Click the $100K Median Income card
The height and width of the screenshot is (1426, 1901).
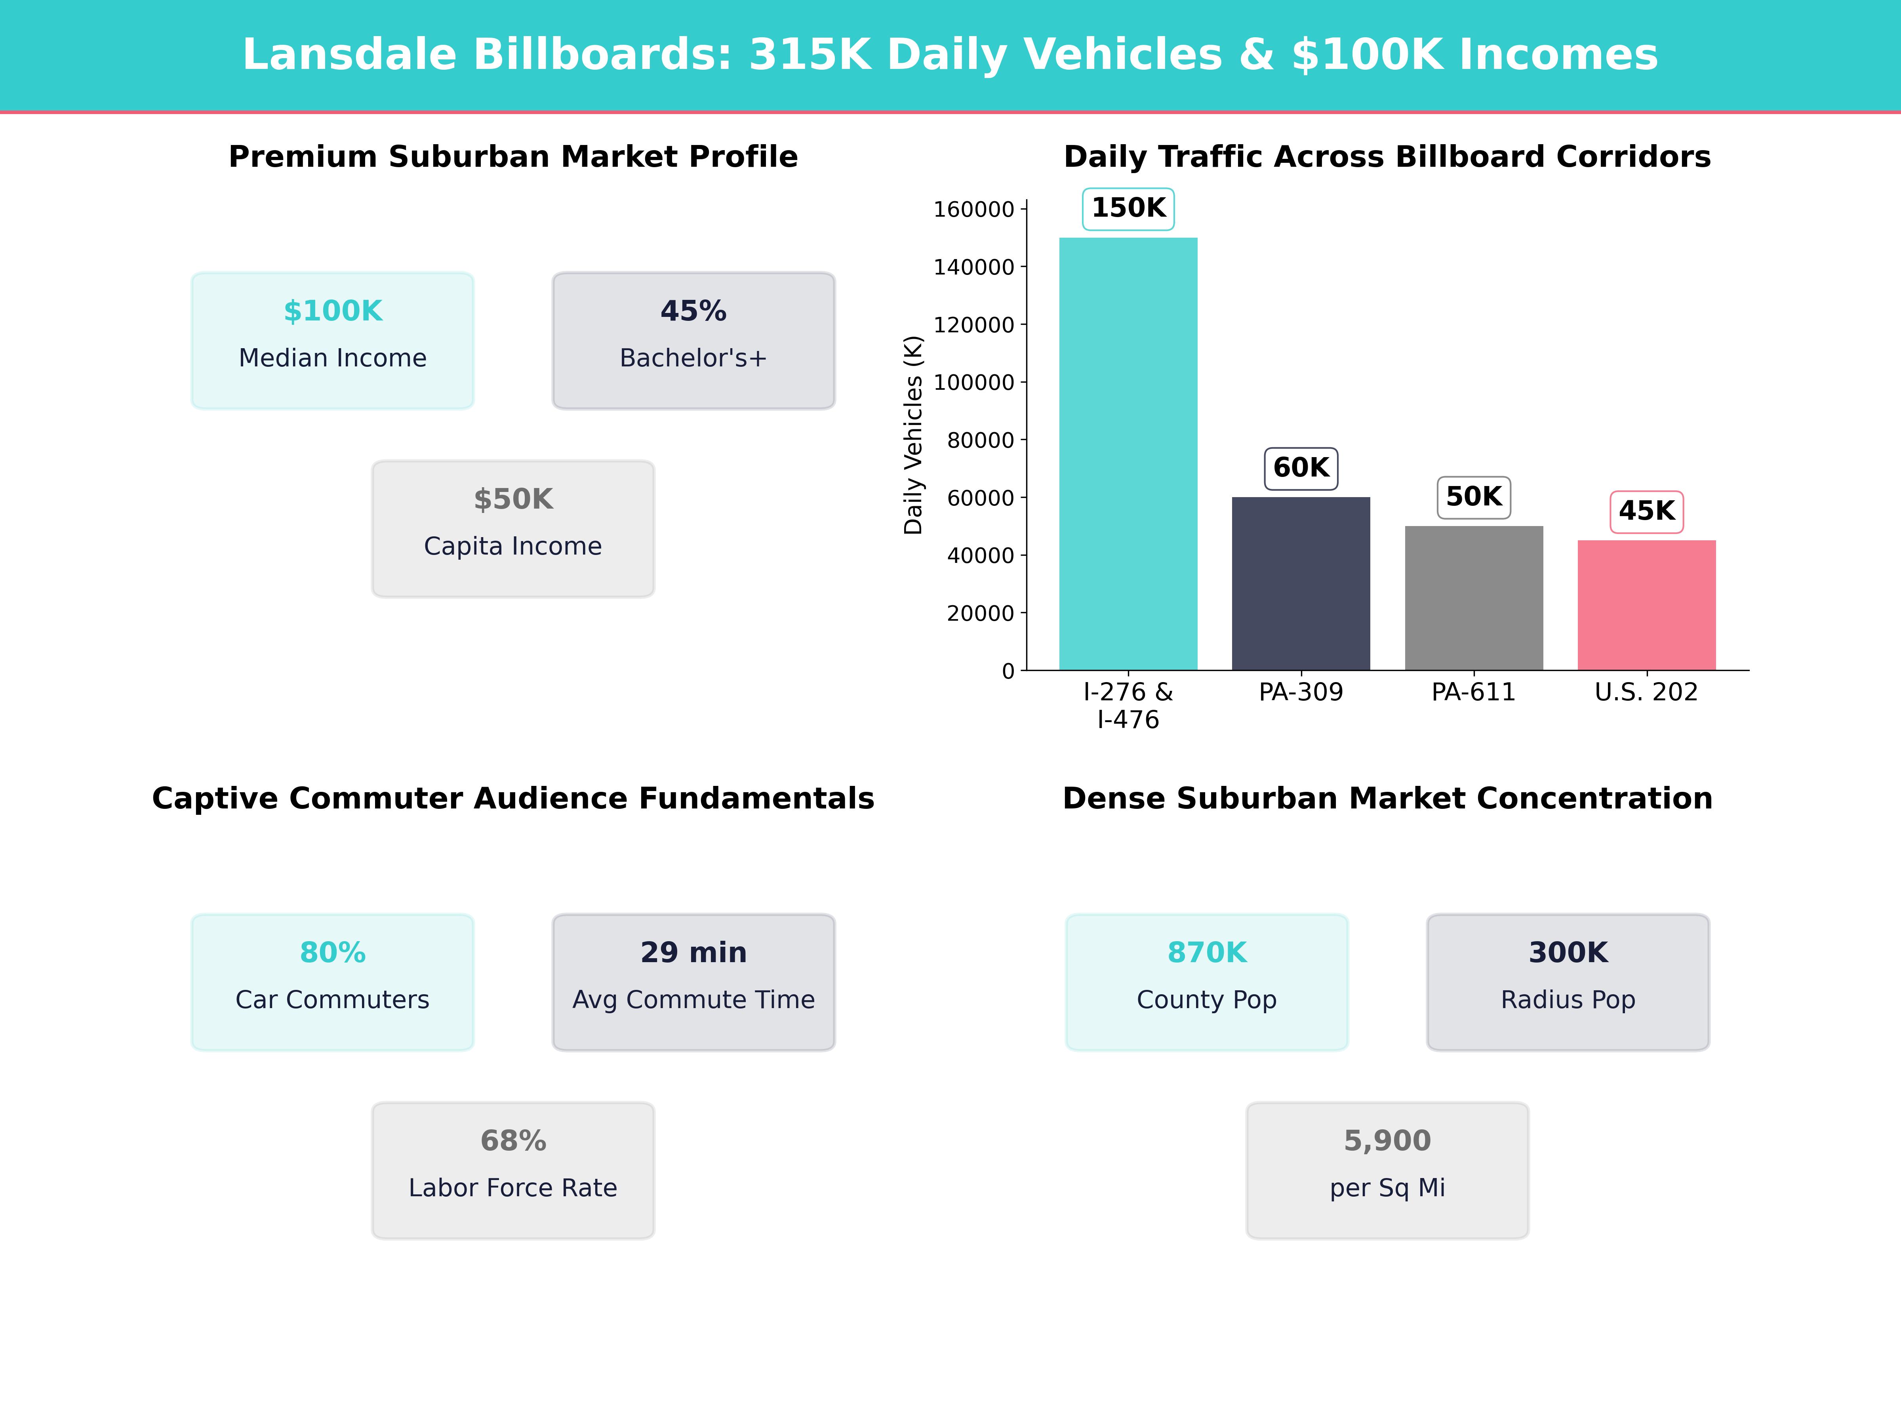pos(333,340)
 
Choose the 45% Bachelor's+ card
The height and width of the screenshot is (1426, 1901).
pos(693,340)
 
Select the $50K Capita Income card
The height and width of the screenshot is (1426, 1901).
pos(513,529)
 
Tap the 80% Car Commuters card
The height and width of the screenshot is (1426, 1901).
pos(333,982)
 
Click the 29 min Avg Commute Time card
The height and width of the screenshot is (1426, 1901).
pos(693,982)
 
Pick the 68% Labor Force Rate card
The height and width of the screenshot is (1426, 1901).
pos(513,1170)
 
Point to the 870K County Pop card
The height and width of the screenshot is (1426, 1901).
pos(1207,982)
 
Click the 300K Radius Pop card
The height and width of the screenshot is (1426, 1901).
pos(1568,982)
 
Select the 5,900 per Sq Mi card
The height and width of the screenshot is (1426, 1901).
pos(1387,1170)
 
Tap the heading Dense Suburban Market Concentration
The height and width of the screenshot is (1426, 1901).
pos(1387,799)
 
